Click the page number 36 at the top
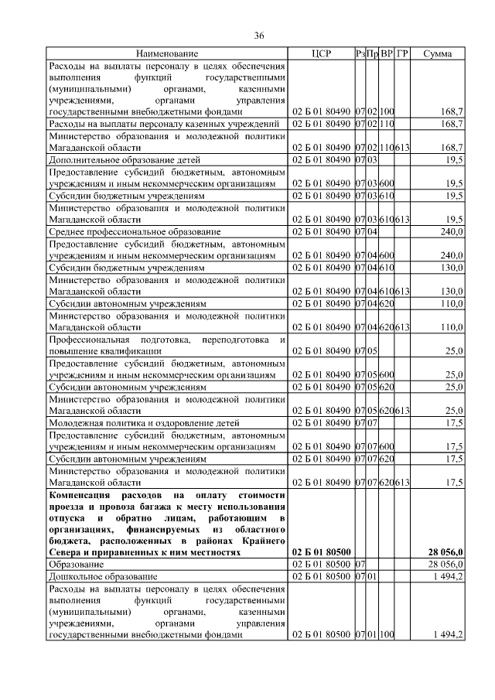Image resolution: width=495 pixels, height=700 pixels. click(260, 36)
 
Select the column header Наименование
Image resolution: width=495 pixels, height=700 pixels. click(167, 53)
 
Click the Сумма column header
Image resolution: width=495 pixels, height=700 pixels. click(439, 53)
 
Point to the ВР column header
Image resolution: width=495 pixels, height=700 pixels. click(387, 53)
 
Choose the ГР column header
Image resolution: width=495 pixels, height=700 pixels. click(402, 53)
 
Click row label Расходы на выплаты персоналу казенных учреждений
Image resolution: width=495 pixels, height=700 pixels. click(163, 123)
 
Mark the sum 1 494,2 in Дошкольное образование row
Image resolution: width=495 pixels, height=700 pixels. click(448, 576)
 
